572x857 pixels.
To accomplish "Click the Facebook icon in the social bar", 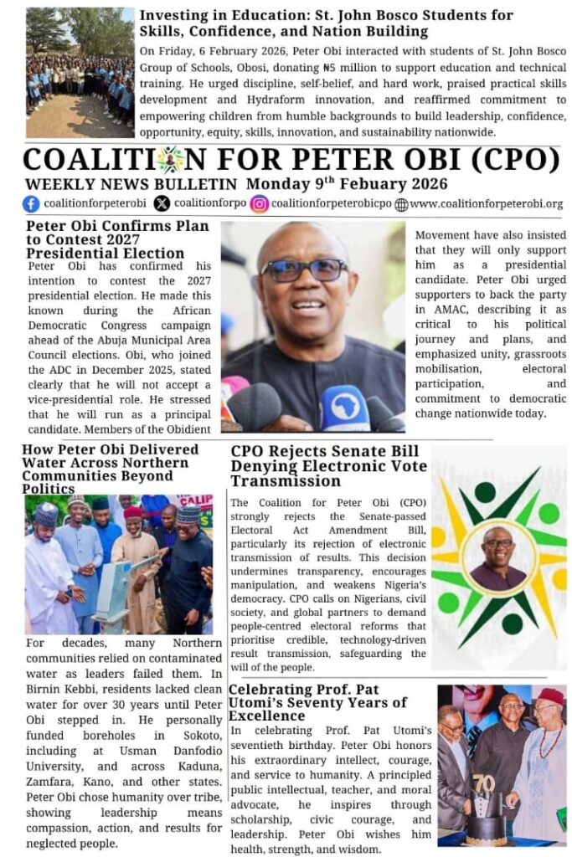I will [31, 203].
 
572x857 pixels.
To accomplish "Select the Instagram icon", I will [260, 203].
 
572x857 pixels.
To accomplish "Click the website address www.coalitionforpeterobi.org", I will [486, 203].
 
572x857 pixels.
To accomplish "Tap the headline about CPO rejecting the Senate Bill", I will [328, 466].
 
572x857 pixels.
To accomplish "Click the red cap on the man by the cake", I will [550, 697].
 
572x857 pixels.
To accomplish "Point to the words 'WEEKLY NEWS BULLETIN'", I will [131, 184].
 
